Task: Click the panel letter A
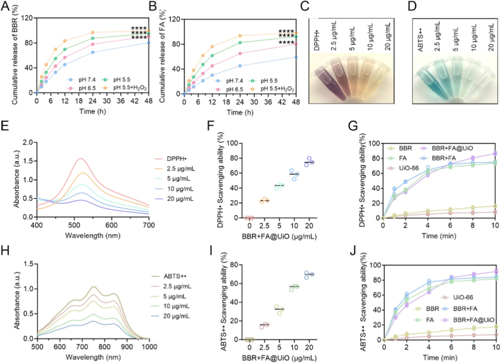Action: coord(6,6)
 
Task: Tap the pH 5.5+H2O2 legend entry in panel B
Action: coord(273,89)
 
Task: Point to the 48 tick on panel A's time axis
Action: coord(148,101)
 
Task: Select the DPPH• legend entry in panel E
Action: coord(174,159)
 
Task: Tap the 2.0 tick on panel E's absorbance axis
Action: coord(28,142)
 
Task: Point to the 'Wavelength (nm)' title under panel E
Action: coord(92,236)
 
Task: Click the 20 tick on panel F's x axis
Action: coord(309,225)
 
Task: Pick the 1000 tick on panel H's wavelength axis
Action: coord(149,347)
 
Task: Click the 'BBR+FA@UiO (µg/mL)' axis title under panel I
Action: coord(279,358)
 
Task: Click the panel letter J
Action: coord(353,252)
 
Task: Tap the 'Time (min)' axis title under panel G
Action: coord(439,236)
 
